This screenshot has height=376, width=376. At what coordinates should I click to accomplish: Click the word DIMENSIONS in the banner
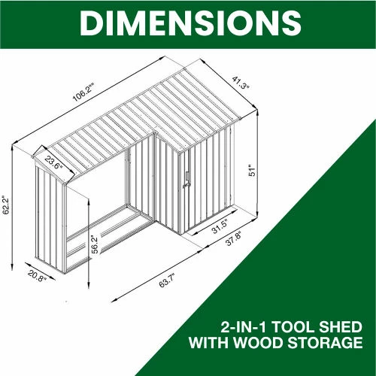[x=190, y=23]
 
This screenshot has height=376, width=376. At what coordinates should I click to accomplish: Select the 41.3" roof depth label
[x=241, y=83]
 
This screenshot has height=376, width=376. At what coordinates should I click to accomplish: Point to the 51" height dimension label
[x=252, y=171]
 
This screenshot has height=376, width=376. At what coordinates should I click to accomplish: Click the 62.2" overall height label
[x=6, y=205]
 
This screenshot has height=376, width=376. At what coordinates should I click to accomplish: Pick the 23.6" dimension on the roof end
[x=53, y=163]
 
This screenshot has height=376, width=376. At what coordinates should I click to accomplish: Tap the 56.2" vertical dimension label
[x=95, y=244]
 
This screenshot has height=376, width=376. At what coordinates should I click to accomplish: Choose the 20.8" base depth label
[x=38, y=275]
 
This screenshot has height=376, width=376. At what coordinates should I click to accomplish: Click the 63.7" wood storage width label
[x=167, y=280]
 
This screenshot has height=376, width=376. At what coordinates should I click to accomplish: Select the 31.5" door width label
[x=220, y=226]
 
